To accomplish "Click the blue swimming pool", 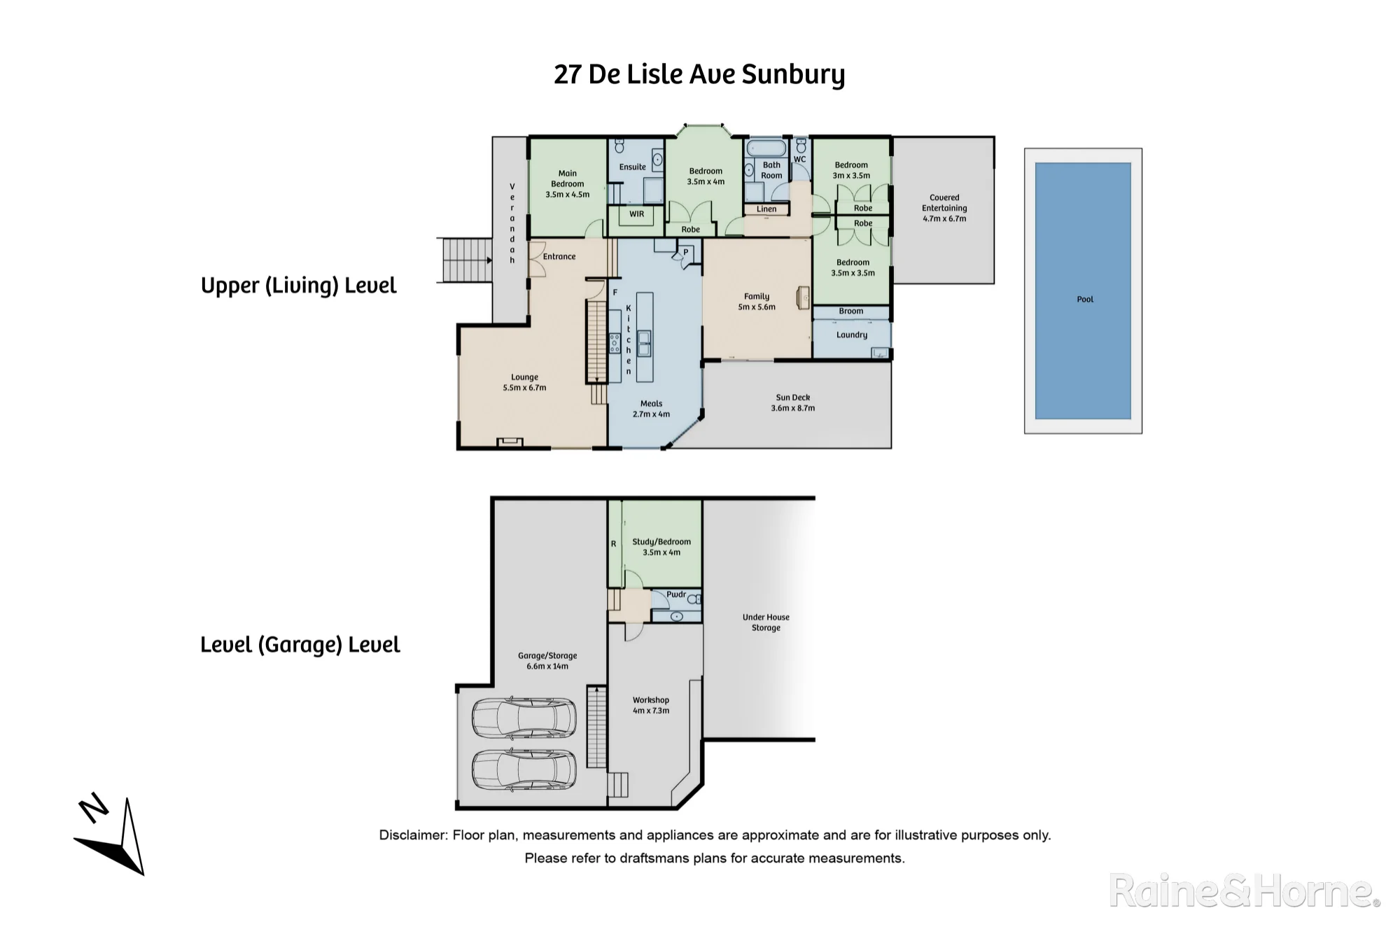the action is click(1083, 291).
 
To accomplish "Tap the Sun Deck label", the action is click(793, 397).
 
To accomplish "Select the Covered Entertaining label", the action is click(944, 202).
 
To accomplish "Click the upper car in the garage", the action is click(524, 717).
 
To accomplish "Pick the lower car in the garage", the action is click(524, 770).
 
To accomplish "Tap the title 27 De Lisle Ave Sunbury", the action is click(699, 74).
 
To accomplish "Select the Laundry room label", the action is click(852, 335).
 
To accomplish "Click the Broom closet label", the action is click(851, 311).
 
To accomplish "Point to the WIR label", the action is click(636, 214).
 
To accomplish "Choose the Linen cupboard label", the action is click(766, 209).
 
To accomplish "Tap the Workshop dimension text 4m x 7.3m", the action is click(651, 711).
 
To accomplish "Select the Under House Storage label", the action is click(766, 622).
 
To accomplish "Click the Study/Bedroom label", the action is click(661, 541).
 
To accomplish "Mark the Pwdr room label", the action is click(676, 594).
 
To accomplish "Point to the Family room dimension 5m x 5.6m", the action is click(757, 307).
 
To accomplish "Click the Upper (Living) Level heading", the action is click(299, 286).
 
